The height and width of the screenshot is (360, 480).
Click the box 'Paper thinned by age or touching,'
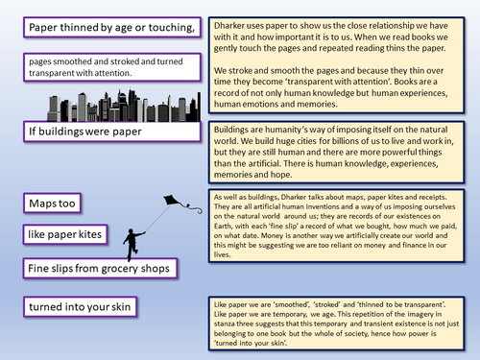pos(113,28)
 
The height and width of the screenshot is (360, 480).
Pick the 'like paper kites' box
pos(72,233)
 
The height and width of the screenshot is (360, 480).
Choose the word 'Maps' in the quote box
pos(49,203)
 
